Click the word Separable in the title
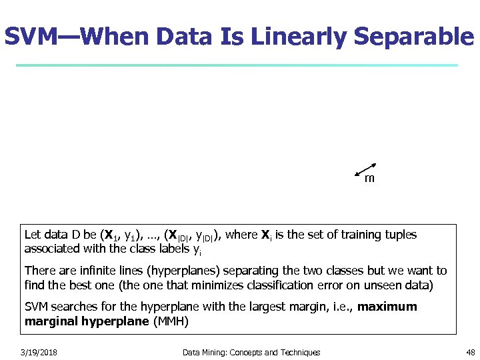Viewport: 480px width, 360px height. (413, 37)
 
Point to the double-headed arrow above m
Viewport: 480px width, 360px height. (367, 169)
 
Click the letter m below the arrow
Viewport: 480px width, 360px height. (369, 179)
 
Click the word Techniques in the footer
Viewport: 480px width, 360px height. (298, 352)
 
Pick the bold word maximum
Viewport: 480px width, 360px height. (387, 307)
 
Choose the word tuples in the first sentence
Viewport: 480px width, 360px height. (401, 235)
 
